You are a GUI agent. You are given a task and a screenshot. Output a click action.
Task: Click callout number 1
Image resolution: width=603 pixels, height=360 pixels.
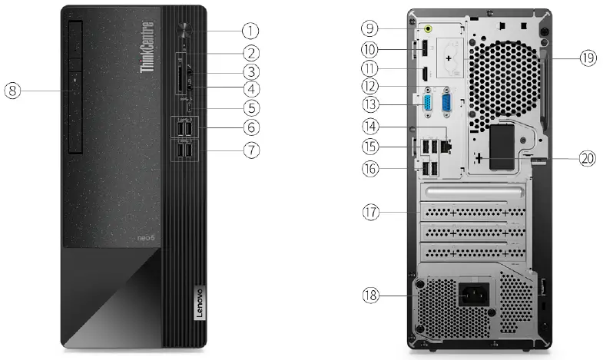point(251,31)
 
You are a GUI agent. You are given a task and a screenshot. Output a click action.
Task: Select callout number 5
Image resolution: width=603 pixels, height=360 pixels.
point(251,108)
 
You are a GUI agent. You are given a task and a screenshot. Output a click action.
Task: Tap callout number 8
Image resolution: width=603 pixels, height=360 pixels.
point(12,91)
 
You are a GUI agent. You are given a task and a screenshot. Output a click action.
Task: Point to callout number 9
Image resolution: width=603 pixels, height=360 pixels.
point(370,29)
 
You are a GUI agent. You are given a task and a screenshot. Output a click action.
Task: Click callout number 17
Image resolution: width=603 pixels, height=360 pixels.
point(370,211)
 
